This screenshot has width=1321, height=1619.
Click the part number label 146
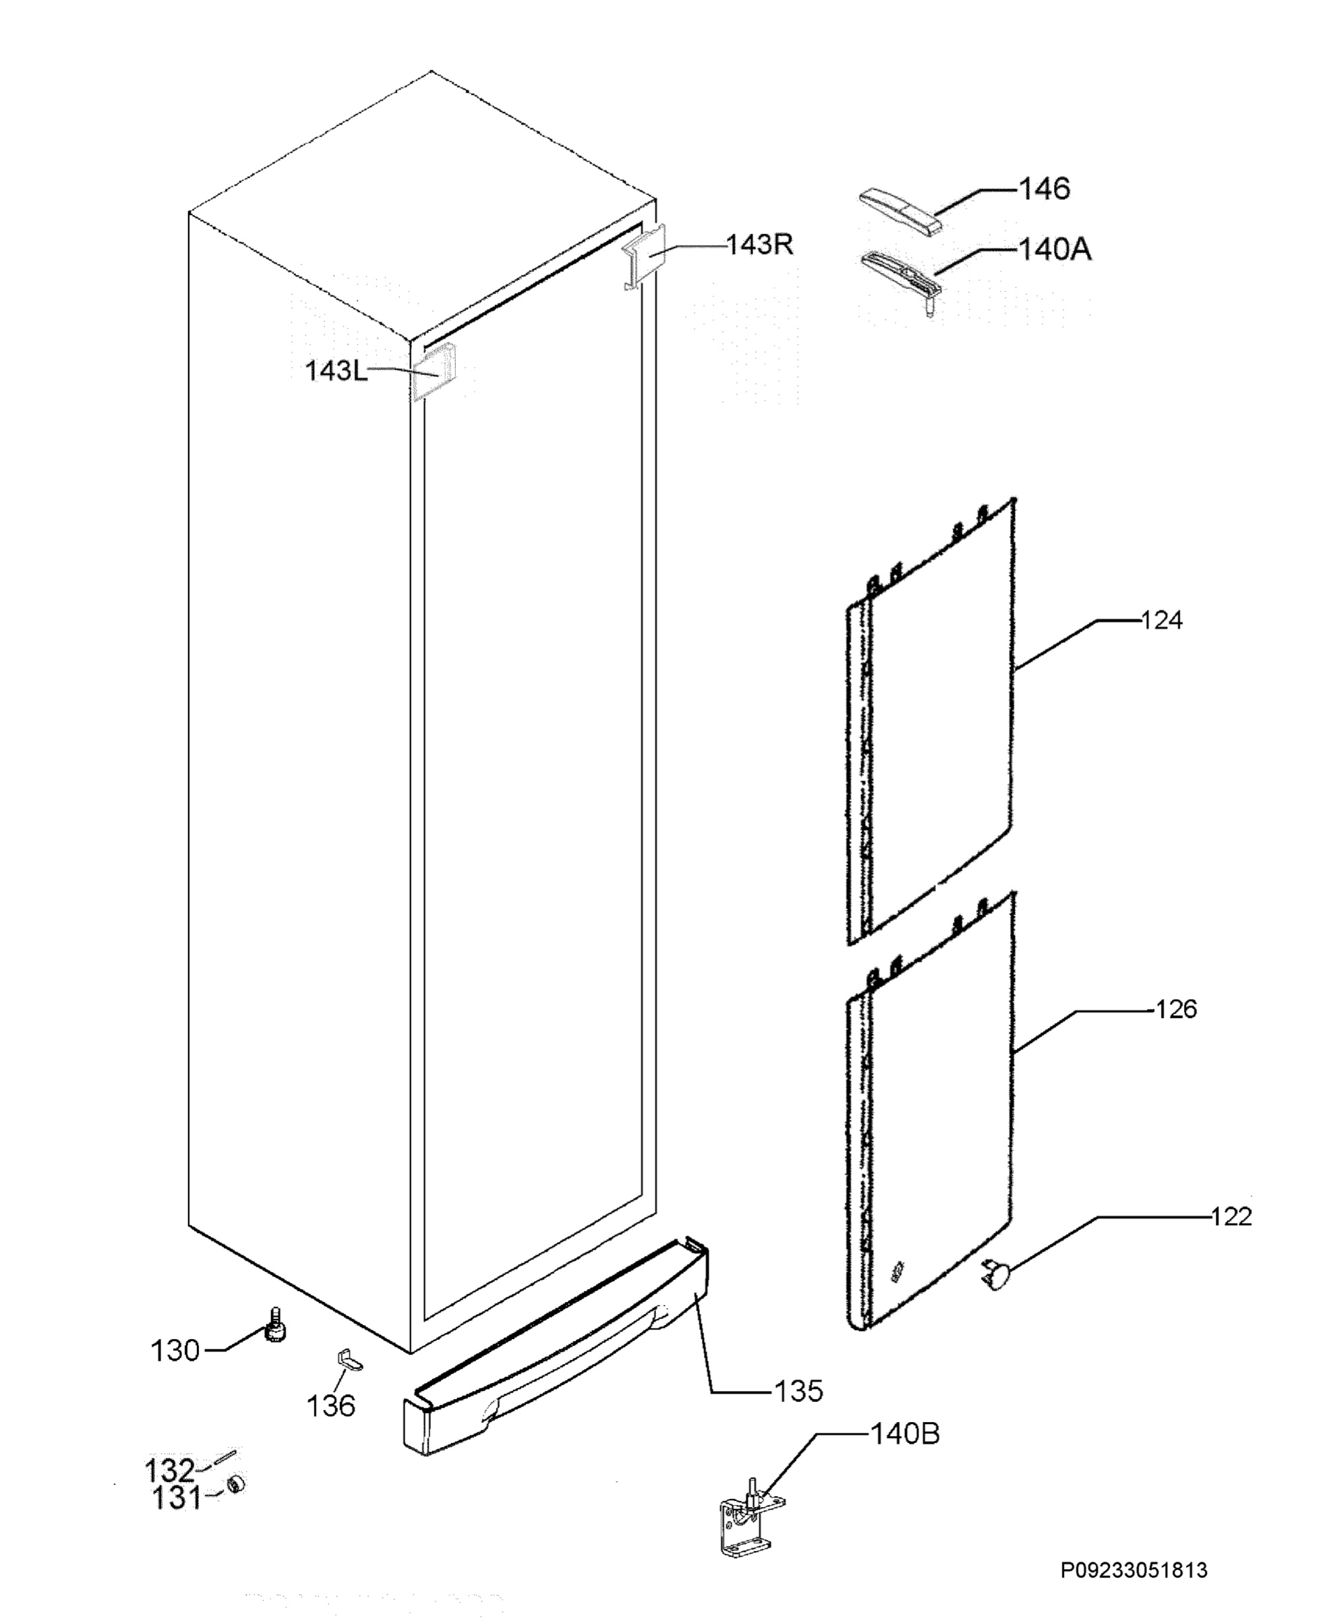point(1044,188)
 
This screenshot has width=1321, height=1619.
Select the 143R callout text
point(759,244)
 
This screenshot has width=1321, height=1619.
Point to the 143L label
point(336,371)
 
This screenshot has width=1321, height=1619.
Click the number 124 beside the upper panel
point(1161,621)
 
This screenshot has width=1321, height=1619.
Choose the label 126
point(1177,1009)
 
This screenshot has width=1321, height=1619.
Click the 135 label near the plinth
point(798,1392)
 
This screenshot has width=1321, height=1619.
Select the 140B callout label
point(905,1434)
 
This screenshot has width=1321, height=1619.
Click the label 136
point(331,1406)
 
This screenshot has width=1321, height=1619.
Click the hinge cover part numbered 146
point(901,211)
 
